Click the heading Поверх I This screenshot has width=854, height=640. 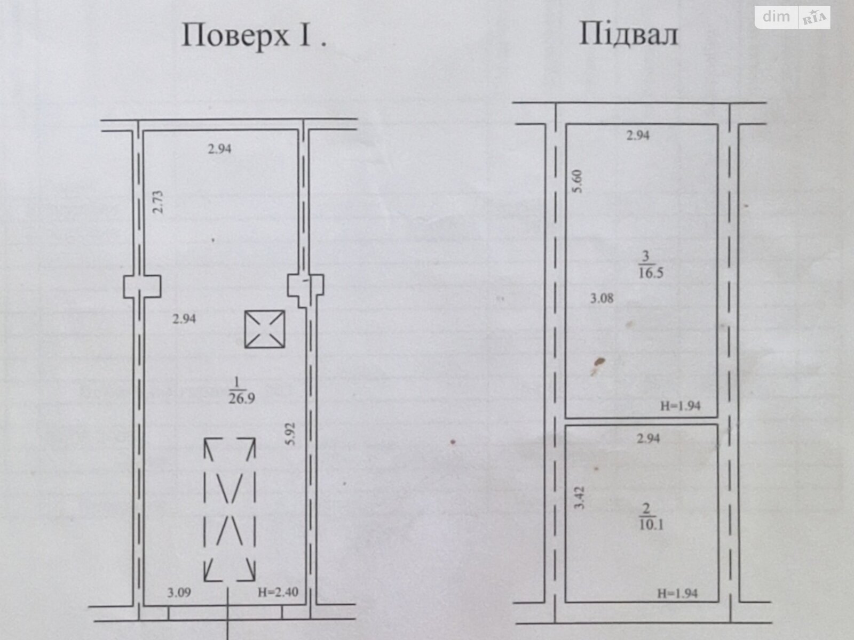(254, 36)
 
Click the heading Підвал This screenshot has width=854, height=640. (629, 34)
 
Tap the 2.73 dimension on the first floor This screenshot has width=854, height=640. (158, 202)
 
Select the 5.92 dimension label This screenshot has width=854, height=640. (290, 434)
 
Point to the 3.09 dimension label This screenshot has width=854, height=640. (179, 592)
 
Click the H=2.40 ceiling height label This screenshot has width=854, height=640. (278, 592)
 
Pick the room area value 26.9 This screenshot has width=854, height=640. (242, 399)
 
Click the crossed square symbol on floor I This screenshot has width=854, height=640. (265, 329)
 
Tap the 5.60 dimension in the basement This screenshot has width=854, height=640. (578, 181)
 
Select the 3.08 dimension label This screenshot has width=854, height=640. (602, 299)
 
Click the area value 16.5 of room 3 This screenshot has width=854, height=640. (651, 273)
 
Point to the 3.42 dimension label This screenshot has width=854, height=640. (579, 498)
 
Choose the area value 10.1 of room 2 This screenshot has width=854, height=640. (651, 525)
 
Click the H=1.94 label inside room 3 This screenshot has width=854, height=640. (681, 406)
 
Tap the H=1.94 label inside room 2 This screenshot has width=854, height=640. (678, 594)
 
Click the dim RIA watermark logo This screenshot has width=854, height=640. (793, 17)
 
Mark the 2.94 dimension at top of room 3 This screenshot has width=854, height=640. (638, 135)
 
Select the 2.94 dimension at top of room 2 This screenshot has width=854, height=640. (649, 438)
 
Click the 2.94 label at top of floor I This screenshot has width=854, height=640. (219, 149)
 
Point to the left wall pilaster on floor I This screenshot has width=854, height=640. (143, 287)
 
